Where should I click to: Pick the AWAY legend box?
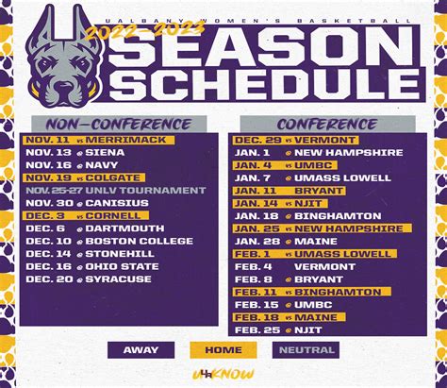point(140,349)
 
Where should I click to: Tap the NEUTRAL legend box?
point(306,349)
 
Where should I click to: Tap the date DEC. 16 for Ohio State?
point(46,265)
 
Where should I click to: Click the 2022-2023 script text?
point(142,28)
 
